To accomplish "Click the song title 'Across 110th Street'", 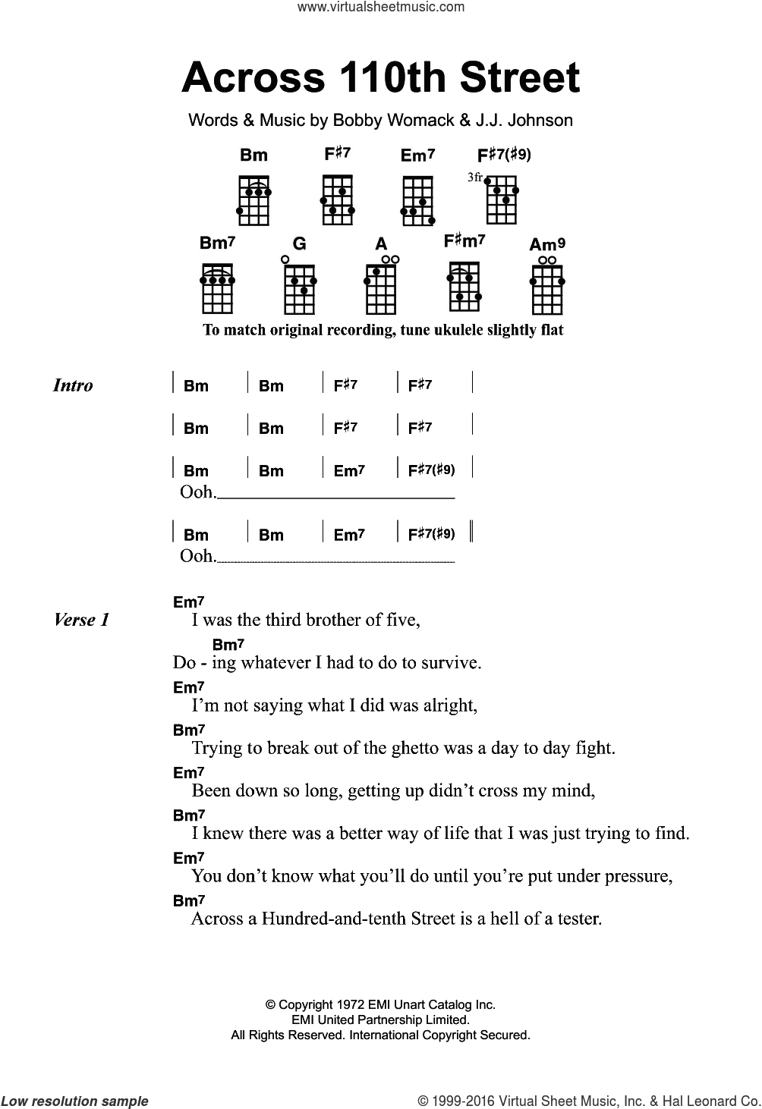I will coord(380,79).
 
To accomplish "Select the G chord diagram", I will coord(299,289).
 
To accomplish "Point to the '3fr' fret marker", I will coord(474,177).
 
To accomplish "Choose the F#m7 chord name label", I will coord(464,242).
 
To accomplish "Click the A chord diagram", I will coord(381,289).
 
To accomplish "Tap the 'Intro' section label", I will coord(73,385).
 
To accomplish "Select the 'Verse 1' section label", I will coord(82,620).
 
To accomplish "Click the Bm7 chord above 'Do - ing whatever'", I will coord(228,645).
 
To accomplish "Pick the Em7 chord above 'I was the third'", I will coord(189,602).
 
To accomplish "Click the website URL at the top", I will coord(380,8).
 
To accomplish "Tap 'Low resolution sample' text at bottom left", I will coord(75,1101).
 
